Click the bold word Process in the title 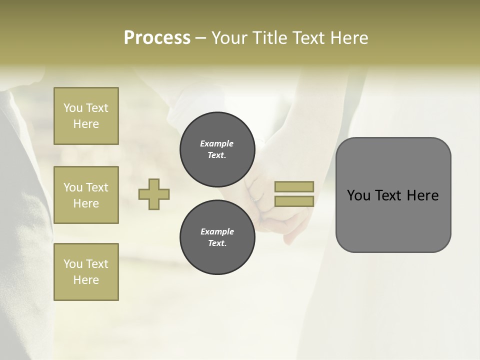[157, 38]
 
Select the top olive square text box [86, 116]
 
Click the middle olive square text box [86, 195]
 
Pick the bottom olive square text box [86, 272]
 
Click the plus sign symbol [154, 194]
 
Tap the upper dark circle [217, 149]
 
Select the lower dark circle [217, 237]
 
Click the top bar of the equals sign [294, 186]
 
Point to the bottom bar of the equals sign [294, 201]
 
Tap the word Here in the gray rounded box [423, 195]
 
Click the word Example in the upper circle [217, 143]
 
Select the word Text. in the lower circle [217, 243]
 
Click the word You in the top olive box [73, 108]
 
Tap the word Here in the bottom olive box [86, 280]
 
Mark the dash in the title [200, 38]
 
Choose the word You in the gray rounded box [358, 195]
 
